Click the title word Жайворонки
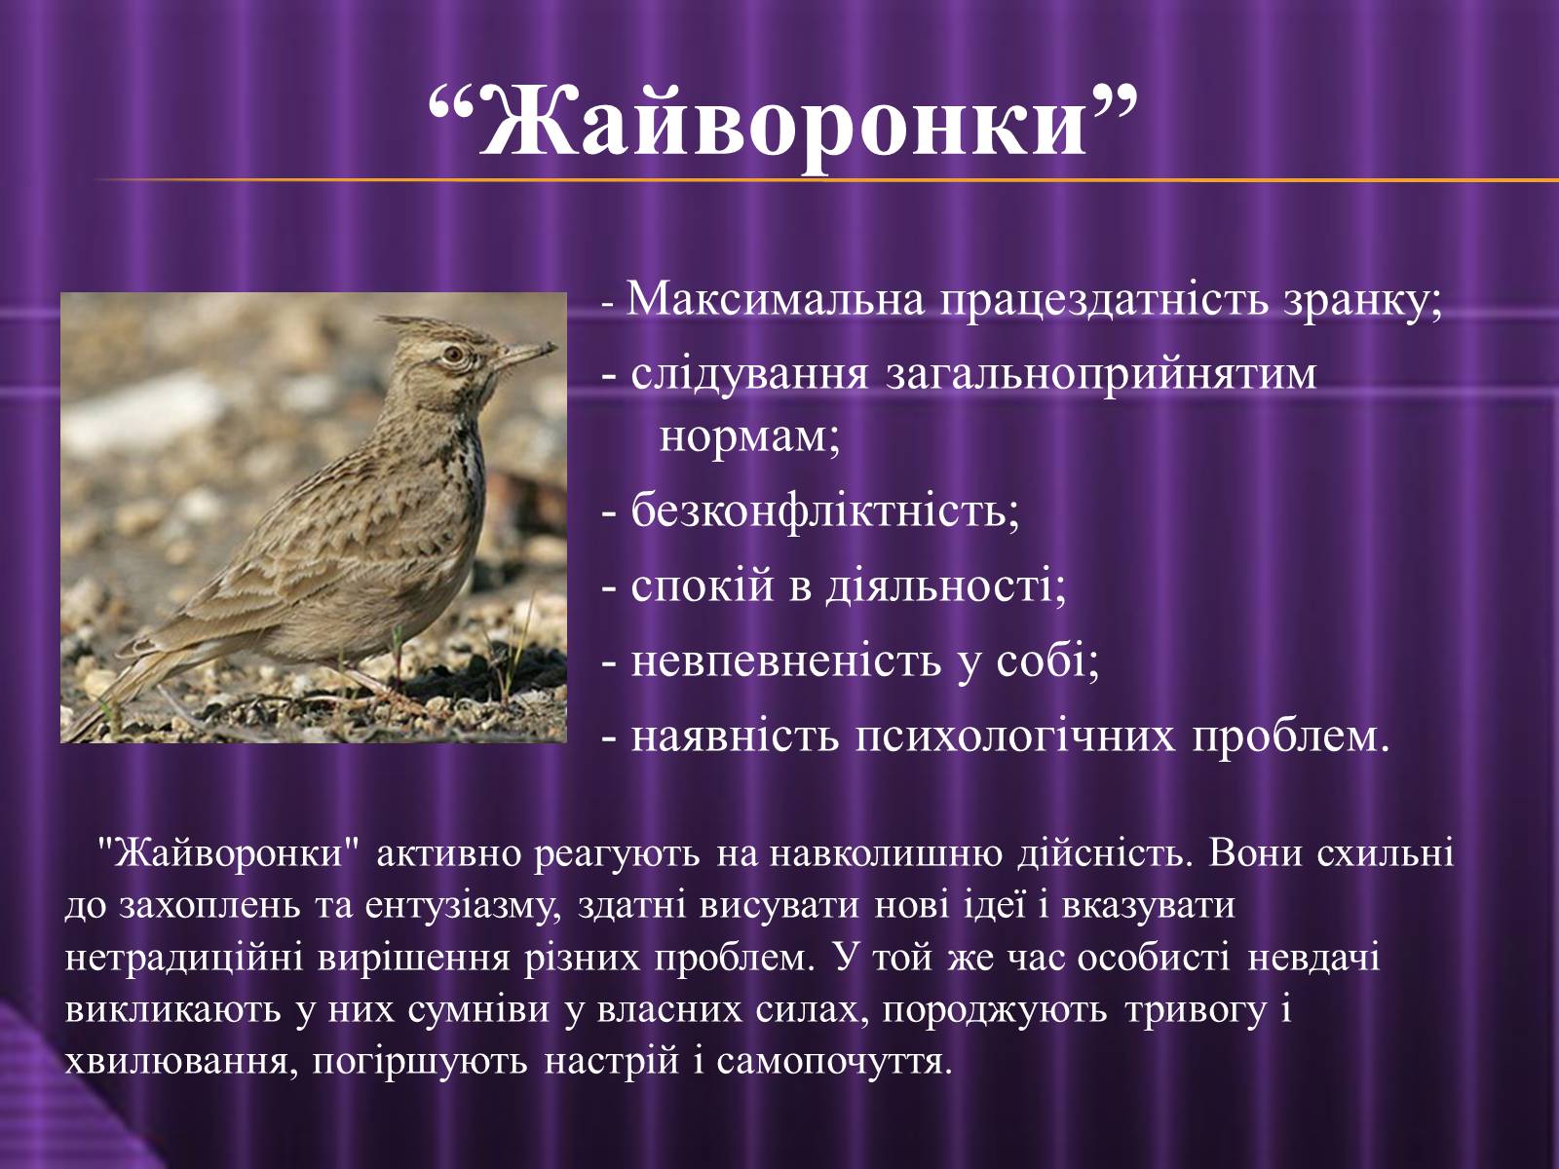782,125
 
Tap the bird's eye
452,353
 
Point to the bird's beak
524,354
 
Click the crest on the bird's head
412,327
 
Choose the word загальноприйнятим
1101,375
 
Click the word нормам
748,438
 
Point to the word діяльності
945,586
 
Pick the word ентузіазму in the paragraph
463,907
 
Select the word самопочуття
834,1063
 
